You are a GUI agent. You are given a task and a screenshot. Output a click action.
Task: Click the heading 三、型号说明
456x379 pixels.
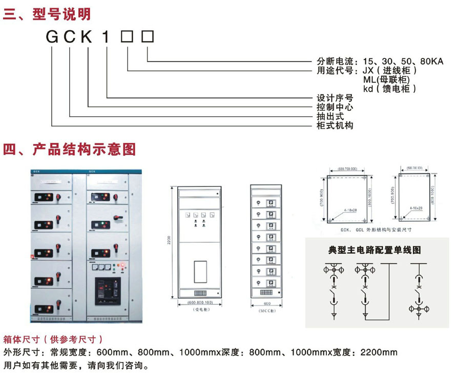47,14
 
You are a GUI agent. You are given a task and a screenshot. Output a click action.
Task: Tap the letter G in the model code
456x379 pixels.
52,37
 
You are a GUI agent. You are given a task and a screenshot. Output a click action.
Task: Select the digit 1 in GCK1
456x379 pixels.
107,37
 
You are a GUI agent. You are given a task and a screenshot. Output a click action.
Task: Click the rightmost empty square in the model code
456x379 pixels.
148,37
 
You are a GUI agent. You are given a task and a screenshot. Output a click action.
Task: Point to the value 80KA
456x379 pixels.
429,61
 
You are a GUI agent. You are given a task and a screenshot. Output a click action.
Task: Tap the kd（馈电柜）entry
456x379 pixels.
389,89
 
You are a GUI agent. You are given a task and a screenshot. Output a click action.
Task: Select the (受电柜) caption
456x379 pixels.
199,310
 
